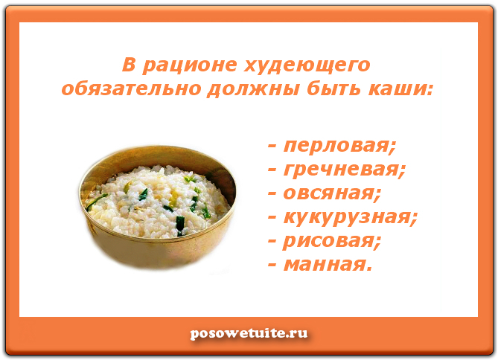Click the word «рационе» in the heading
click(x=189, y=65)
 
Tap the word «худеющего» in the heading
click(x=307, y=65)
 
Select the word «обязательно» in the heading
click(x=132, y=89)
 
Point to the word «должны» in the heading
click(x=253, y=89)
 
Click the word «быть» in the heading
click(x=333, y=89)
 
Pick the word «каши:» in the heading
click(x=400, y=89)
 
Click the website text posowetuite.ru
click(x=249, y=333)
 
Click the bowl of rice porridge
click(x=157, y=206)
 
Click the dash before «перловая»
click(x=272, y=147)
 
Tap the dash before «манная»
click(x=272, y=266)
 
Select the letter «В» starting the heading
click(x=129, y=65)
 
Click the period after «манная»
click(x=368, y=270)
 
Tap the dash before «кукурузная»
click(x=272, y=218)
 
